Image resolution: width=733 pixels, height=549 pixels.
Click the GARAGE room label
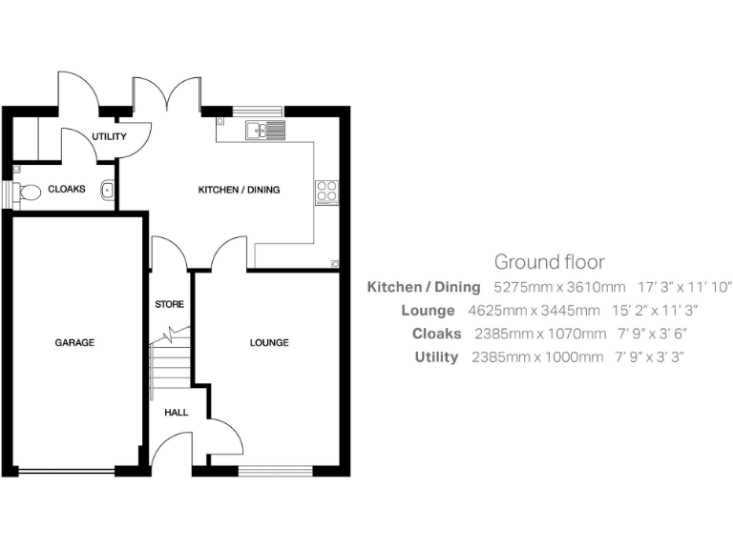click(x=73, y=342)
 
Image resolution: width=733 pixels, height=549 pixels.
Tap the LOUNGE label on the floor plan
click(x=269, y=342)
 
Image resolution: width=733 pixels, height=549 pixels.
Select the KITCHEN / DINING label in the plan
click(x=239, y=190)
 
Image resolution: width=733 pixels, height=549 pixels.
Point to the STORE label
click(x=169, y=305)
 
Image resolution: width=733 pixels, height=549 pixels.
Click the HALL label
click(x=176, y=413)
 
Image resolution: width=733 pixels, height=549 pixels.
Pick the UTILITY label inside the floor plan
click(x=109, y=137)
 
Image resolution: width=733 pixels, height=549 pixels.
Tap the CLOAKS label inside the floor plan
click(x=67, y=189)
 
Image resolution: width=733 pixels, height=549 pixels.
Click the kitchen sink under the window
click(x=264, y=131)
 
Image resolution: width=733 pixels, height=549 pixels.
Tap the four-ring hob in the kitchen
click(x=326, y=193)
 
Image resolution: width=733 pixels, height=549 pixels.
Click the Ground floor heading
click(x=549, y=261)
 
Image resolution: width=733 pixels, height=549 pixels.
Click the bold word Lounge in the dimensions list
click(x=428, y=311)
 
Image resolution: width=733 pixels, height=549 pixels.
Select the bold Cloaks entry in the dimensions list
click(x=436, y=334)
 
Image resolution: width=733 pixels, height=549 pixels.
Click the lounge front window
click(x=275, y=469)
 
